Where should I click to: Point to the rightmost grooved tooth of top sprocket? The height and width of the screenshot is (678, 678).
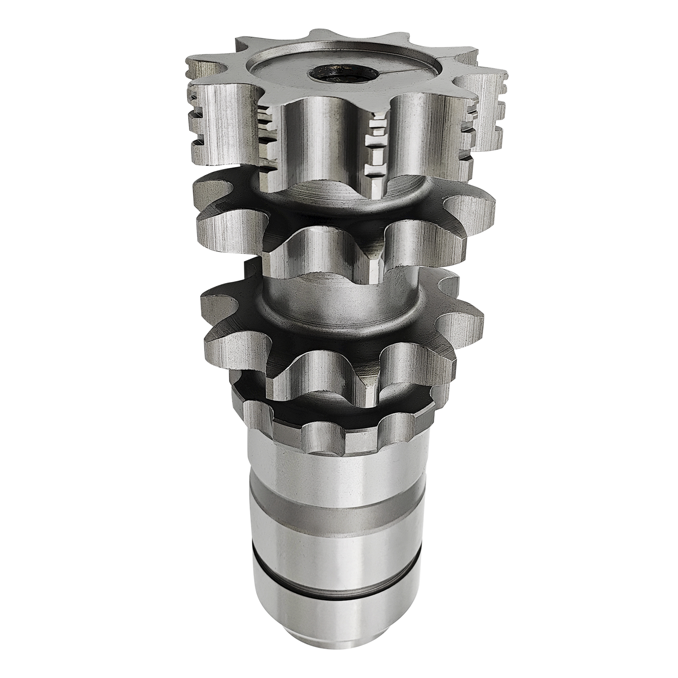pos(486,108)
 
